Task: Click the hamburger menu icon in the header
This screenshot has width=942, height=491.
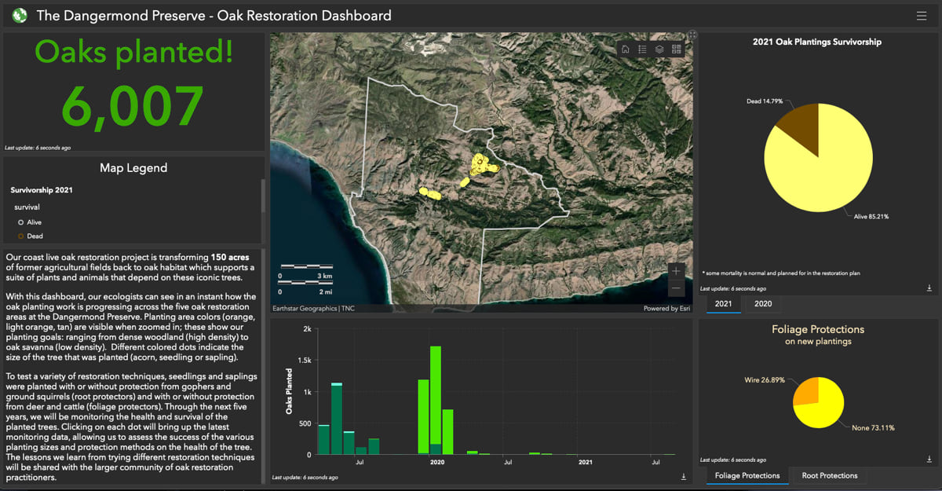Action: click(x=921, y=15)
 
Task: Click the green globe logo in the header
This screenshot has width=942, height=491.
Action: click(x=20, y=15)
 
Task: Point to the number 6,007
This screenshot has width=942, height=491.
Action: click(x=133, y=106)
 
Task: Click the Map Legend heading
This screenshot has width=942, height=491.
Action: click(x=133, y=167)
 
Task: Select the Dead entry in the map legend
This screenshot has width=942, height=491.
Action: click(x=35, y=236)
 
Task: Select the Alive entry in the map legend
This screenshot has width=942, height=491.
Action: click(x=34, y=222)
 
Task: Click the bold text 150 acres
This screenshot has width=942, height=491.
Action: click(x=232, y=257)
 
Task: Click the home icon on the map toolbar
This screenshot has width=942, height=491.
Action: click(x=626, y=49)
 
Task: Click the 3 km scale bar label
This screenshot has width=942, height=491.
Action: click(x=325, y=277)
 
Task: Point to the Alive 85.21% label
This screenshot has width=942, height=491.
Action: click(x=871, y=216)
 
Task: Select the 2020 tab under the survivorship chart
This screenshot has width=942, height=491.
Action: click(x=763, y=304)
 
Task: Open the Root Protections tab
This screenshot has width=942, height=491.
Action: click(x=829, y=475)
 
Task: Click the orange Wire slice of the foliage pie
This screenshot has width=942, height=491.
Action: click(x=806, y=391)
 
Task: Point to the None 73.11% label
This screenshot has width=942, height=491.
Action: click(x=873, y=428)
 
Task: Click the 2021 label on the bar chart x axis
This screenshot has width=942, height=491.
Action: click(x=586, y=462)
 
